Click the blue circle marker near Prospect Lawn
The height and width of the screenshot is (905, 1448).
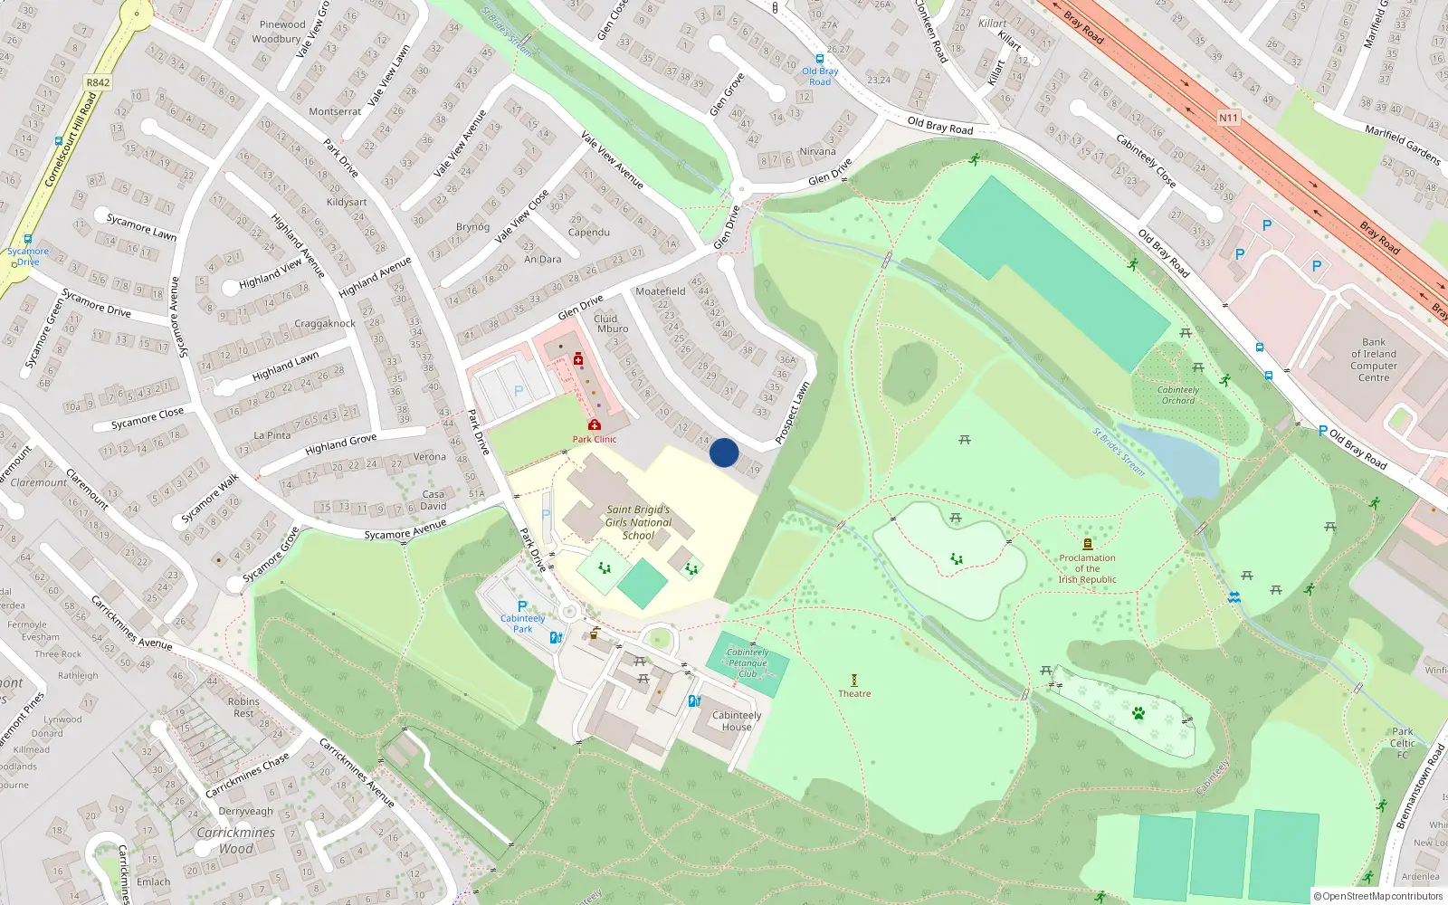tap(724, 452)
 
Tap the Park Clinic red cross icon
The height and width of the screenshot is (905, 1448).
tap(595, 424)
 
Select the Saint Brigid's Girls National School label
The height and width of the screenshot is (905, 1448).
tap(638, 522)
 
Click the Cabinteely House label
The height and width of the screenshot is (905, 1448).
tap(736, 720)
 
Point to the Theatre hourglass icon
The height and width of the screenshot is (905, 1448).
tap(854, 679)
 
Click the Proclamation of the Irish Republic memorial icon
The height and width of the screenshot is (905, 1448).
tap(1088, 544)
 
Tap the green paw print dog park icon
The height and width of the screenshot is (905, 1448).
tap(1138, 713)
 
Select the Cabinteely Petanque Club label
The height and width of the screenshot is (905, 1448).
tap(748, 662)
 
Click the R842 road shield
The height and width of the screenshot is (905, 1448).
tap(98, 82)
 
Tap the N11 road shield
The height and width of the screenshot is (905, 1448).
tap(1227, 118)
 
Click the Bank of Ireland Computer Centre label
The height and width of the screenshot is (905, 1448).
tap(1373, 359)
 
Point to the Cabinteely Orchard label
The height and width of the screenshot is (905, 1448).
tap(1177, 395)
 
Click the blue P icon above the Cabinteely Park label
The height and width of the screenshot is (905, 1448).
tap(522, 606)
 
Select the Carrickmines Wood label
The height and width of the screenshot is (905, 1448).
tap(235, 840)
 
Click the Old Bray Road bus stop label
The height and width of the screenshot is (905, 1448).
tap(820, 76)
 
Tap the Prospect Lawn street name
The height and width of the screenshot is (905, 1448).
tap(792, 413)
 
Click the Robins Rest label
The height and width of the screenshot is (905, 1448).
tap(243, 707)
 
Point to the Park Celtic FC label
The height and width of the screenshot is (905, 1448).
tap(1402, 742)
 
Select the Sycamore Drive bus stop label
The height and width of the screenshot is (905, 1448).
tap(28, 256)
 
